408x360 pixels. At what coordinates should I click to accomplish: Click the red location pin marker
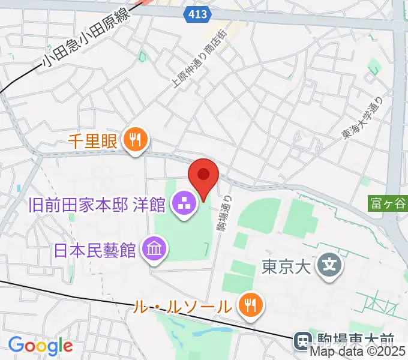pyautogui.click(x=203, y=175)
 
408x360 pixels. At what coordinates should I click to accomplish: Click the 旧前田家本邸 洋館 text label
pyautogui.click(x=97, y=205)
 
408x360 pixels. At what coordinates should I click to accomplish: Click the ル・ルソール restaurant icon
pyautogui.click(x=248, y=306)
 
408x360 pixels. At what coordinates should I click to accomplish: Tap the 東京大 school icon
pyautogui.click(x=329, y=265)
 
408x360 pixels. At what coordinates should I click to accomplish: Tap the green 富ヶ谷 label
pyautogui.click(x=388, y=204)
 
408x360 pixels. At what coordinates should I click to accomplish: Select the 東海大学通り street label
pyautogui.click(x=361, y=119)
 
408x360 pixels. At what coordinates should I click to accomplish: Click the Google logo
pyautogui.click(x=40, y=345)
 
